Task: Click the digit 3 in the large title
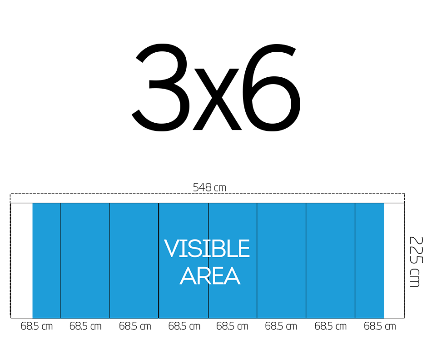click(161, 87)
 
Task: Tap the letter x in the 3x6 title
click(216, 99)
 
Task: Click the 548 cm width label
click(209, 187)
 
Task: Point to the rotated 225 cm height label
click(416, 262)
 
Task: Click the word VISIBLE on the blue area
click(207, 248)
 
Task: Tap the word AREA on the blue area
click(210, 275)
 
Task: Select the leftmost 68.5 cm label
click(37, 326)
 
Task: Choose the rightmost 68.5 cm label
click(380, 326)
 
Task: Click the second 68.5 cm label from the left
click(85, 326)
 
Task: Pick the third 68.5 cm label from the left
click(135, 326)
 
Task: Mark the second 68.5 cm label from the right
click(331, 326)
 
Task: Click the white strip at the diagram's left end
click(22, 260)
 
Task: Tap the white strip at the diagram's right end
click(394, 260)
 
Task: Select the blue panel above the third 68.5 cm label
click(134, 260)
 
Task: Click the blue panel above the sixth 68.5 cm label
click(282, 260)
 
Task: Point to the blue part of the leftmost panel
click(46, 260)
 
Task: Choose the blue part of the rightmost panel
click(369, 260)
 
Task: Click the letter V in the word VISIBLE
click(172, 248)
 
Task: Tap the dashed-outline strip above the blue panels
click(208, 198)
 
